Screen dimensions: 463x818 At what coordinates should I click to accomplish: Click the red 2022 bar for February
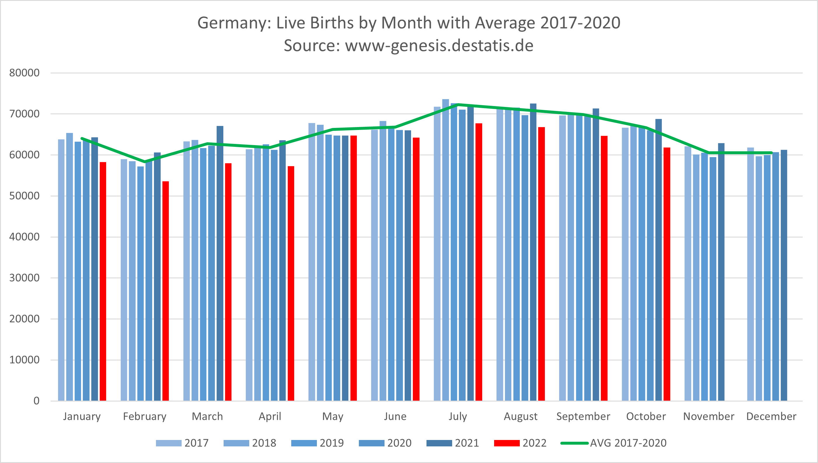165,291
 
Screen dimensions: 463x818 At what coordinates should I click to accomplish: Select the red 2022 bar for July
479,262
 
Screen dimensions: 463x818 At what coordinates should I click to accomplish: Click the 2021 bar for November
721,272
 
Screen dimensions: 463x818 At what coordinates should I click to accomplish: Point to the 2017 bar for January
61,270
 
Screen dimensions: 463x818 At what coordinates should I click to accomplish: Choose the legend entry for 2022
520,443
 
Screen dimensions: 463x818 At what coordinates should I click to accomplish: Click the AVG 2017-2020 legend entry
614,443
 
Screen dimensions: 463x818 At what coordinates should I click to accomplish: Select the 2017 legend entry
182,443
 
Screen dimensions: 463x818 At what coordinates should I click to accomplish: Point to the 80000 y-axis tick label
24,73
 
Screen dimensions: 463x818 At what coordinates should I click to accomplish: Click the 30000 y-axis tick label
24,278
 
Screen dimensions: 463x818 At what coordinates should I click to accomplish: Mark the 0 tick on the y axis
36,401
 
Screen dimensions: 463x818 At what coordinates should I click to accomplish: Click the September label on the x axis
583,416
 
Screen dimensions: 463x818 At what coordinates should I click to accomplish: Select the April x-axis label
270,416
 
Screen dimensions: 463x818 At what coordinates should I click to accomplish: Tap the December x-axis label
771,416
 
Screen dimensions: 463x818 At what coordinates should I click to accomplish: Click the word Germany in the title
234,23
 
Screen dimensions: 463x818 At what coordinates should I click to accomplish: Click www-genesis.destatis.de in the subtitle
439,45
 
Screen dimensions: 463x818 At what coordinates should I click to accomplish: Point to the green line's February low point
145,162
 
